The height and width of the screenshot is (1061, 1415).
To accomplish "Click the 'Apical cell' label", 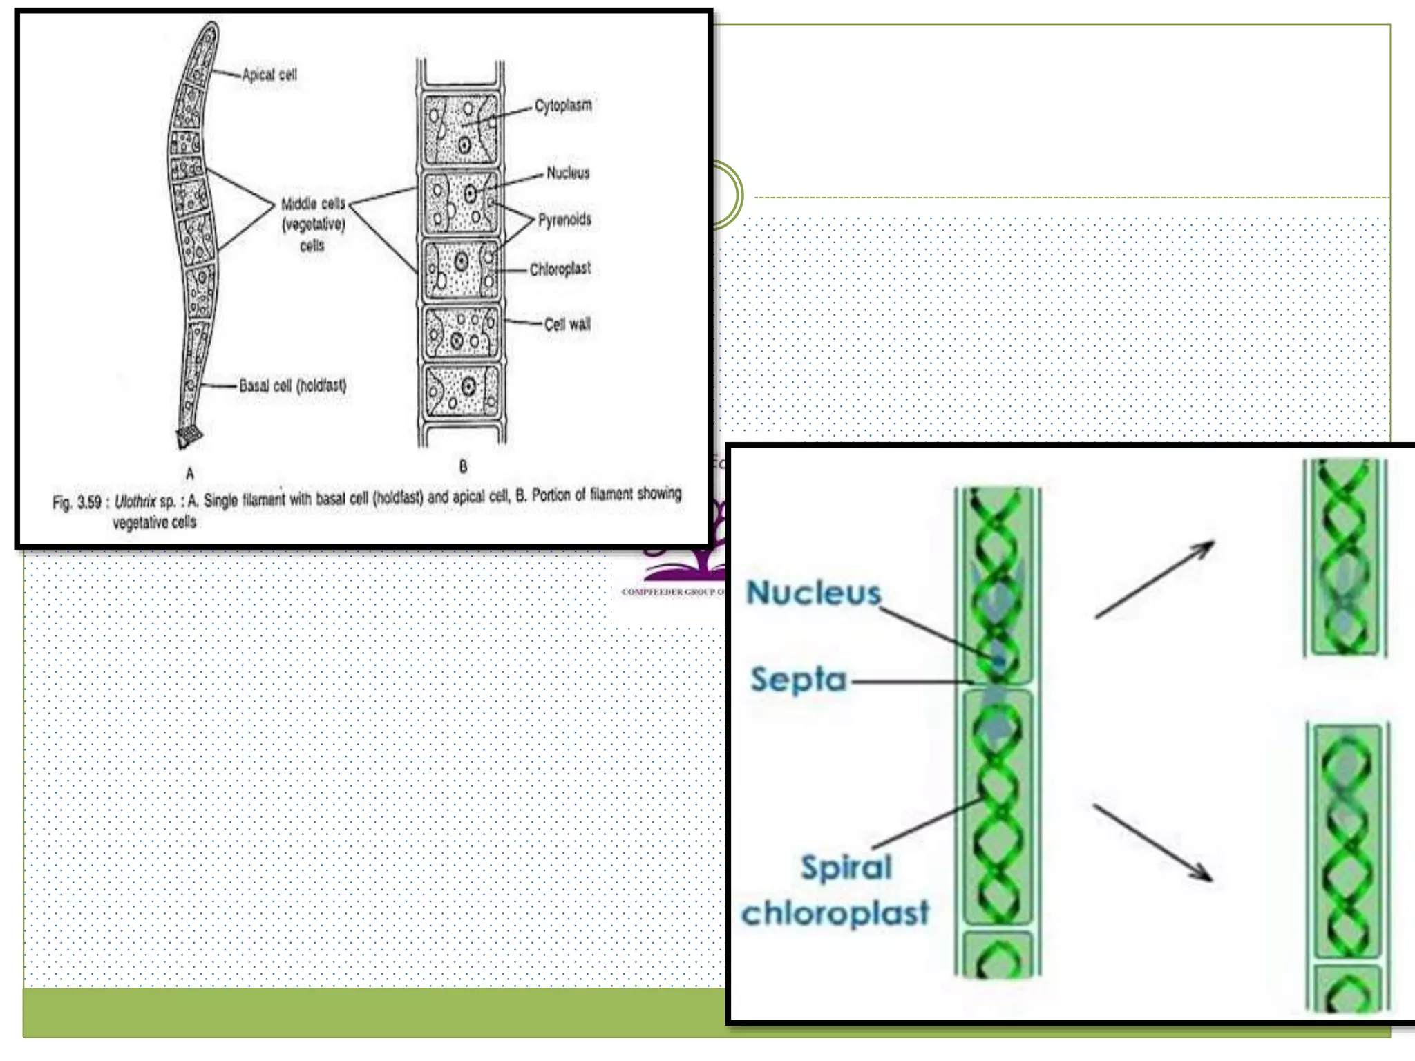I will click(269, 75).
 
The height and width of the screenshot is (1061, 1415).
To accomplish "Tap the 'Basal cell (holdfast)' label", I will click(292, 385).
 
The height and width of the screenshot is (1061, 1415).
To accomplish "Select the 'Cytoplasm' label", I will click(563, 106).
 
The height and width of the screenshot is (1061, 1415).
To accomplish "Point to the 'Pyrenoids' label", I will click(564, 220).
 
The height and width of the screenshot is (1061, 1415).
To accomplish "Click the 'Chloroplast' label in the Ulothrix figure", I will click(560, 269).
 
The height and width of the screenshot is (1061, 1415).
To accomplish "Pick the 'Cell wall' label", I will click(567, 324).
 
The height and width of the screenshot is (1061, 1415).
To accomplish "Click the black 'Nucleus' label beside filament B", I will click(568, 173).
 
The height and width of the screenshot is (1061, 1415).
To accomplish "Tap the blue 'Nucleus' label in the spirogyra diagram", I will click(814, 593).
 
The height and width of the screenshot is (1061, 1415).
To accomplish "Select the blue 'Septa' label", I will click(799, 680).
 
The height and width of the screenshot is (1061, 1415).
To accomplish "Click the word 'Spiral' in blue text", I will click(846, 868).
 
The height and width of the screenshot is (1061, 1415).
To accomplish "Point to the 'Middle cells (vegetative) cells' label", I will click(312, 224).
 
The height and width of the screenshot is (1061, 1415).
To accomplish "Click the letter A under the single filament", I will click(189, 474).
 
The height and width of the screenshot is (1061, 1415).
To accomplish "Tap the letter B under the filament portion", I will click(463, 467).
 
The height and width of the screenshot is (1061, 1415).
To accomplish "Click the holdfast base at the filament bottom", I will click(188, 437).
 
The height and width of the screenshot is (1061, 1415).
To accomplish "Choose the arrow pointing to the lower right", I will click(1152, 843).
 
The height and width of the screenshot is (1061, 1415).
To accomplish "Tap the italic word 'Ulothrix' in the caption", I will click(135, 501).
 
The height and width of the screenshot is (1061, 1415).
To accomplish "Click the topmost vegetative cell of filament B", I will click(461, 129).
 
